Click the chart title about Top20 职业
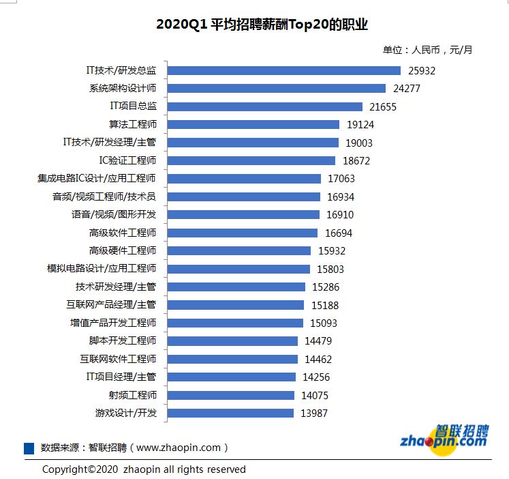pos(262,25)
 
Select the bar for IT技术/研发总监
pos(283,70)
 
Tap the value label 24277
pos(407,89)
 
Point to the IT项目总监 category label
pos(134,106)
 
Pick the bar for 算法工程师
pos(253,124)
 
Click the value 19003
pos(359,143)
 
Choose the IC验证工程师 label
pos(127,160)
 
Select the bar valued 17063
pos(244,179)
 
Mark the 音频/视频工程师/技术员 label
pos(104,197)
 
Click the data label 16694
pos(339,233)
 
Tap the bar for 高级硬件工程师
pos(238,250)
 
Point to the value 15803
pos(330,269)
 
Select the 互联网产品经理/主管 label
pos(111,304)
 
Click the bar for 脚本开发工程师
pos(232,340)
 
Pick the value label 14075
pos(315,395)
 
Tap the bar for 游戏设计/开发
pos(230,413)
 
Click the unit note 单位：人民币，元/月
pos(427,49)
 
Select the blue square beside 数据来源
pos(29,448)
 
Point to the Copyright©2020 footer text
pos(144,469)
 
